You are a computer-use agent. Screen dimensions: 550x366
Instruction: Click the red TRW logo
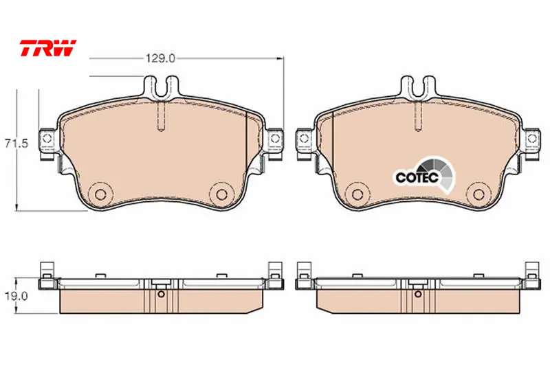pos(47,47)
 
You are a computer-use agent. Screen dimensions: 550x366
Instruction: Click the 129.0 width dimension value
pos(160,58)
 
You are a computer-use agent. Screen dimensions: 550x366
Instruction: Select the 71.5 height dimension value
pos(16,144)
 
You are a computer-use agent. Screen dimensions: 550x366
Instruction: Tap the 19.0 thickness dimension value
pos(16,296)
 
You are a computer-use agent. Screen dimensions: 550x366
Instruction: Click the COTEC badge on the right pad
pos(423,175)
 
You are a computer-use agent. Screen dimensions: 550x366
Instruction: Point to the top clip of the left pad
pos(162,87)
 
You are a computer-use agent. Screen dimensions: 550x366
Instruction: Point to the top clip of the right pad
pos(418,87)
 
